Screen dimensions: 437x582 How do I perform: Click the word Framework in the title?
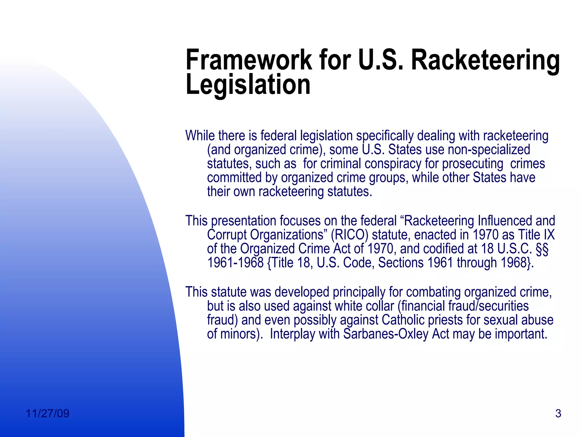click(248, 60)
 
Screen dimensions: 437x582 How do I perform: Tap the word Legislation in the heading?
click(248, 84)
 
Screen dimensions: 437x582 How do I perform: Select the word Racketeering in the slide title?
click(485, 61)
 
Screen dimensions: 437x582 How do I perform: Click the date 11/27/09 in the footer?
click(47, 413)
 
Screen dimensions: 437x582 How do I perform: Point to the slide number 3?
click(558, 413)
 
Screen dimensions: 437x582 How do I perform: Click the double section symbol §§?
click(542, 249)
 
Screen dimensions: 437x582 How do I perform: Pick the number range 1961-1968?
click(235, 263)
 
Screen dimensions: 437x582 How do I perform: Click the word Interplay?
click(292, 334)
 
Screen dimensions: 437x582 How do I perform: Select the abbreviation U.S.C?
click(514, 249)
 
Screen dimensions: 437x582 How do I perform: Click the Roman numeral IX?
click(549, 235)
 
